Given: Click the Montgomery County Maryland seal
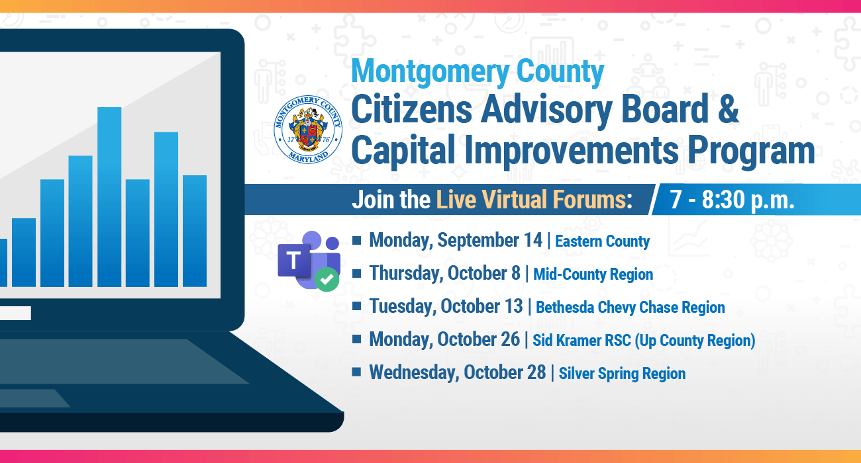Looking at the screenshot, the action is pos(308,130).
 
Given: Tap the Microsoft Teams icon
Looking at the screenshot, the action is pos(309,261).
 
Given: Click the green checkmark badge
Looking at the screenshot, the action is pos(327,279).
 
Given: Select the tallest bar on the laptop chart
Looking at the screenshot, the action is pos(109,197).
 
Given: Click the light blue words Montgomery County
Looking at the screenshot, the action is pos(478,72).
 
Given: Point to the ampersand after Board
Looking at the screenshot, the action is pos(728,108).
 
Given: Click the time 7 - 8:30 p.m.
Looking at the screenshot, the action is pos(732,200).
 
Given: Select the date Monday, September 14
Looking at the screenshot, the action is pos(456,240).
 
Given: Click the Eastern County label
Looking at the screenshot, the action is pos(602,241).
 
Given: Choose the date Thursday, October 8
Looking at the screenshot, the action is pos(444,273).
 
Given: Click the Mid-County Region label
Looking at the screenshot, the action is pos(593,274).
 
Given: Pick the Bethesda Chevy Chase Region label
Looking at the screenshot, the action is pos(631,307).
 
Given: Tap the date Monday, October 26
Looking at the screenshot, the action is pos(444,339).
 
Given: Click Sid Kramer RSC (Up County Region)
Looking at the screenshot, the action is pos(644,341).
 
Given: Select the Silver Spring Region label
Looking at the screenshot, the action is pos(622,374).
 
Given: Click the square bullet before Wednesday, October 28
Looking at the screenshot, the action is pos(356,372).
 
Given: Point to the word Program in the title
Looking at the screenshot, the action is pos(751,151).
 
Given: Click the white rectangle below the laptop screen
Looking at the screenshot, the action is pos(15,314).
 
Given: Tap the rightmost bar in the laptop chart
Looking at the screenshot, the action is pos(195,231).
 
